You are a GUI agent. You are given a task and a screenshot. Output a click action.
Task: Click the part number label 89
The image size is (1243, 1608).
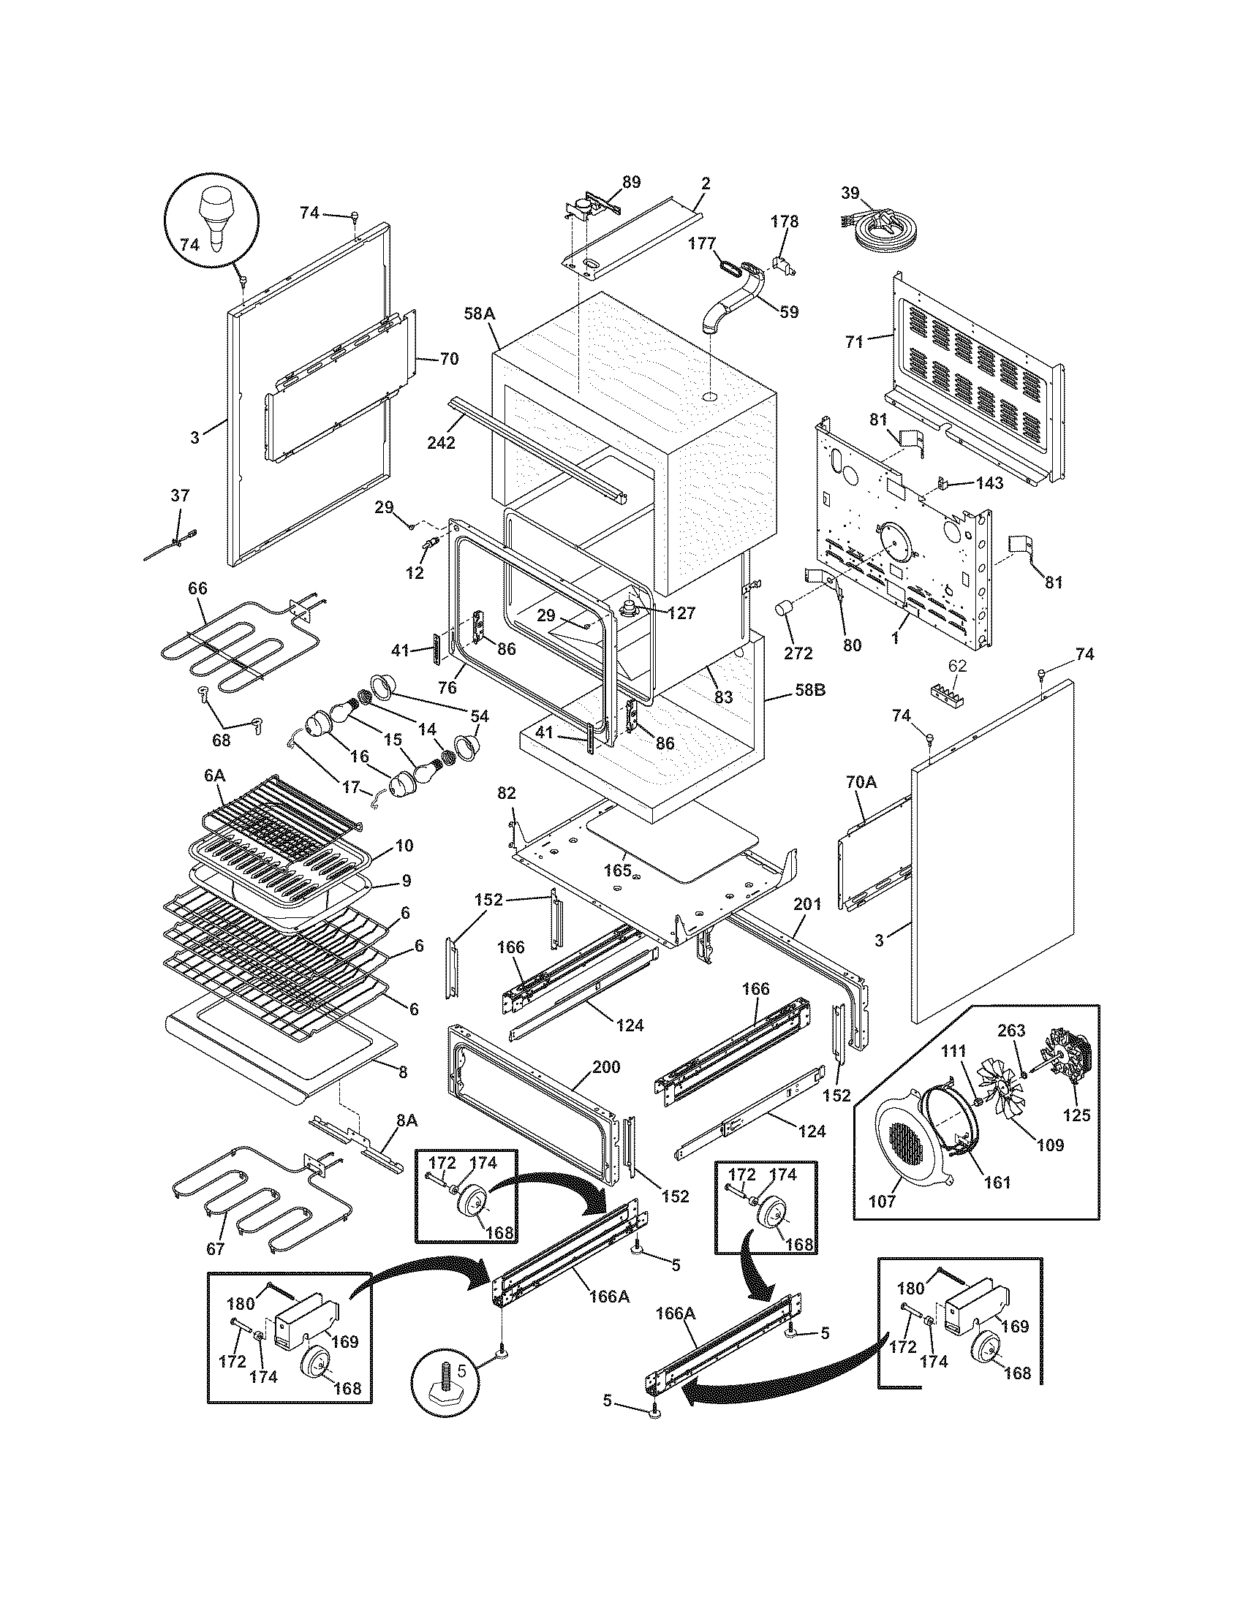[x=631, y=182]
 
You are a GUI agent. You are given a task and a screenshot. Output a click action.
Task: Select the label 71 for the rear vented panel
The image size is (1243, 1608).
[x=854, y=341]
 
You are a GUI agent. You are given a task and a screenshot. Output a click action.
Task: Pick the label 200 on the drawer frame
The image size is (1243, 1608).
[x=605, y=1067]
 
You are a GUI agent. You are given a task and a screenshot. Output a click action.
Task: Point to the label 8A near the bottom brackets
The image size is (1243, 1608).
[x=407, y=1120]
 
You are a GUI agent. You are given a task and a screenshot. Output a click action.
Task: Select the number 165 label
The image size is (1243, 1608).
[x=617, y=870]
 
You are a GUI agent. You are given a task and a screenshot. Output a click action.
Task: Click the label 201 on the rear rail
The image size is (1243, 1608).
[x=807, y=903]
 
